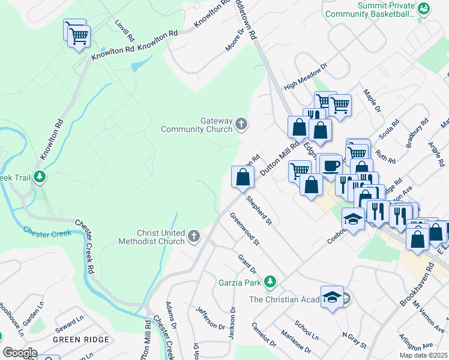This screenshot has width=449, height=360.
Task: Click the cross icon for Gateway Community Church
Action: click(241, 125)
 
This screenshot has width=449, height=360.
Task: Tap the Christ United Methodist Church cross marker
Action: click(193, 236)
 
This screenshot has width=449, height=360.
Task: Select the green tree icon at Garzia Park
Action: click(271, 281)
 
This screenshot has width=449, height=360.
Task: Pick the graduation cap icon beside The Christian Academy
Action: click(332, 297)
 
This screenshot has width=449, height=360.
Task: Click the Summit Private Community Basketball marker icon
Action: click(424, 8)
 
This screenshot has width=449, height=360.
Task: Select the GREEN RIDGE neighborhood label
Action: click(75, 339)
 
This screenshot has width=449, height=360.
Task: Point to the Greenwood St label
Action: click(244, 232)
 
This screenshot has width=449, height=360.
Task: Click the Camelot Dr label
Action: click(264, 335)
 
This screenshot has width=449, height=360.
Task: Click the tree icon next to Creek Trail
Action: click(40, 176)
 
